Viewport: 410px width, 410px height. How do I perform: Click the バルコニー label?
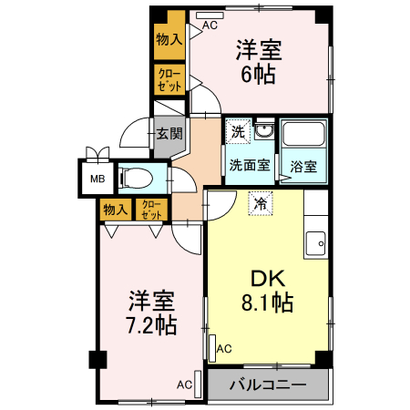[267, 384]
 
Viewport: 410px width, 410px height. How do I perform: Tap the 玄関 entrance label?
[169, 134]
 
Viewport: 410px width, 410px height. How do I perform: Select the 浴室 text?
[303, 167]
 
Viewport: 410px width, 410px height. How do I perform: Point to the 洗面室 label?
[248, 166]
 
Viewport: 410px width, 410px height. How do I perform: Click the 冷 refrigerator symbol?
[261, 203]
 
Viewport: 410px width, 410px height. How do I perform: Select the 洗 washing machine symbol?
[238, 132]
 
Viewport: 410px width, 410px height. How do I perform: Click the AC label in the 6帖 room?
[210, 25]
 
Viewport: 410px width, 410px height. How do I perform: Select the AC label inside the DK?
[224, 348]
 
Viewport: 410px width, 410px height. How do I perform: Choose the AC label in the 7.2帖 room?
[184, 384]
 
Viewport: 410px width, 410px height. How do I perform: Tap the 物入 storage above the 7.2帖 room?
[116, 210]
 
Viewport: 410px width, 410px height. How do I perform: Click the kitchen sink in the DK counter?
[316, 243]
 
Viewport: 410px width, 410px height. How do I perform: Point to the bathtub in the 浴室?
[304, 138]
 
